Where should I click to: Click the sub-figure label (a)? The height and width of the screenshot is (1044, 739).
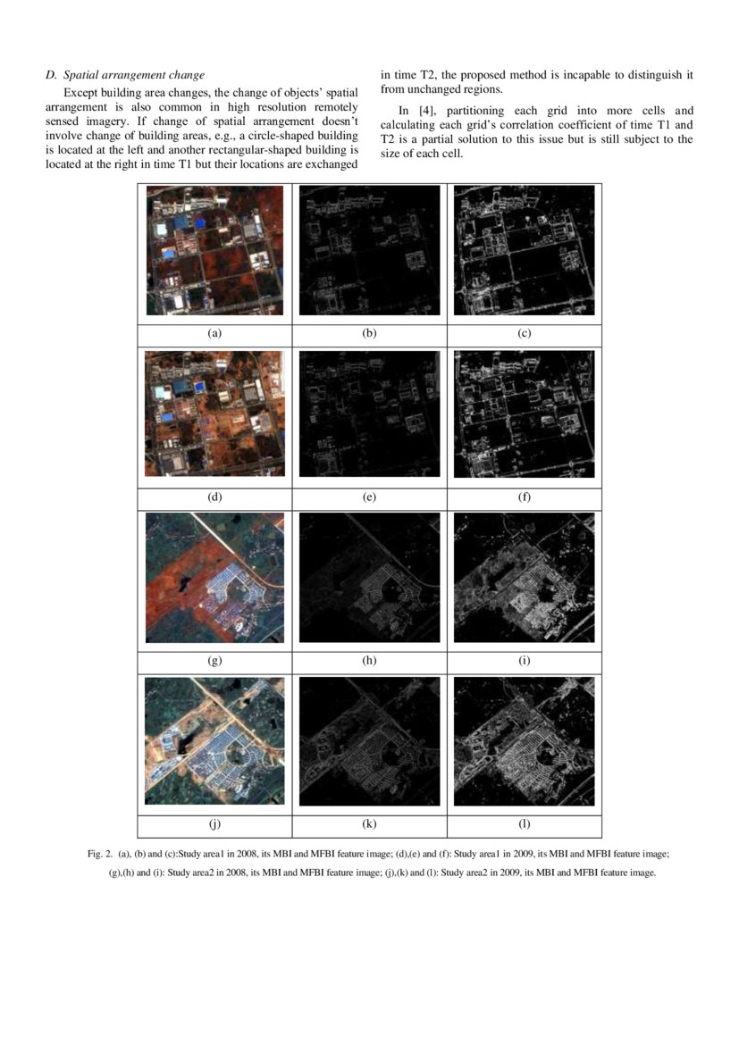214,333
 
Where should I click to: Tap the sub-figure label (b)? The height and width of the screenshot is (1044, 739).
369,333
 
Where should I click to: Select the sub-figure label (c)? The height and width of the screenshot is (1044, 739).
525,333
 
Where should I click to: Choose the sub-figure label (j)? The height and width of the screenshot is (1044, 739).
214,825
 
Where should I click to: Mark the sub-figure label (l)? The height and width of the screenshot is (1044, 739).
525,825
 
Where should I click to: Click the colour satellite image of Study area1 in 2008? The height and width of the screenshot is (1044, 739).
214,251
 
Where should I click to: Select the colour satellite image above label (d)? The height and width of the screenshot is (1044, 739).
214,414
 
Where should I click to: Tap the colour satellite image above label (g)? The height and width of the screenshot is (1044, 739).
214,578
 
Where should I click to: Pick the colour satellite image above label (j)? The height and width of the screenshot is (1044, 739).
214,742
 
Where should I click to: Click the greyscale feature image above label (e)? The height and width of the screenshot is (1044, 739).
369,414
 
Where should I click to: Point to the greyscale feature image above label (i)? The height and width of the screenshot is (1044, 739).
525,578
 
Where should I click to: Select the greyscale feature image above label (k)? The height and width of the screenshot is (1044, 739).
369,742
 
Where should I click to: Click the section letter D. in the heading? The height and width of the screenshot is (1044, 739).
51,74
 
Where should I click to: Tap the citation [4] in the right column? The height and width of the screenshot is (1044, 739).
424,111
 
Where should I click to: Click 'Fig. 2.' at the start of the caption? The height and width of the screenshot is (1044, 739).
99,855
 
